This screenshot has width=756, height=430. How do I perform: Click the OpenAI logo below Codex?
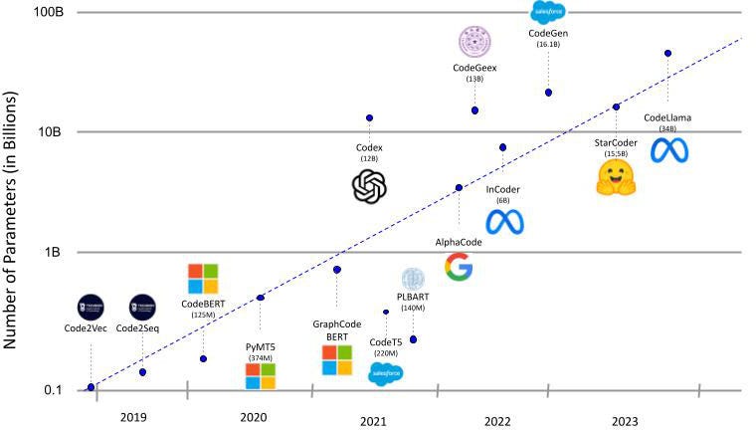point(369,185)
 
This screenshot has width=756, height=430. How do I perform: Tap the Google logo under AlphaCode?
point(458,267)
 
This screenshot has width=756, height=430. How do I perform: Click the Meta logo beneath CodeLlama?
point(668,151)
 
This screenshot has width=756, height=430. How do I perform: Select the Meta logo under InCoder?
point(503,222)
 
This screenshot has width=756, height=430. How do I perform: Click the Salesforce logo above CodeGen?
point(547,12)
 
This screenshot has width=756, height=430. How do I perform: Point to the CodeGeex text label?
point(474,68)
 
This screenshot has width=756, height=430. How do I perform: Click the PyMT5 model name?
point(260,345)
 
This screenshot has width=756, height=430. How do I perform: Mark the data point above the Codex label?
point(369,117)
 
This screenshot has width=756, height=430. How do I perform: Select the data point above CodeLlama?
point(667,53)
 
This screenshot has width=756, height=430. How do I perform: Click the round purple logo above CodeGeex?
point(474,41)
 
